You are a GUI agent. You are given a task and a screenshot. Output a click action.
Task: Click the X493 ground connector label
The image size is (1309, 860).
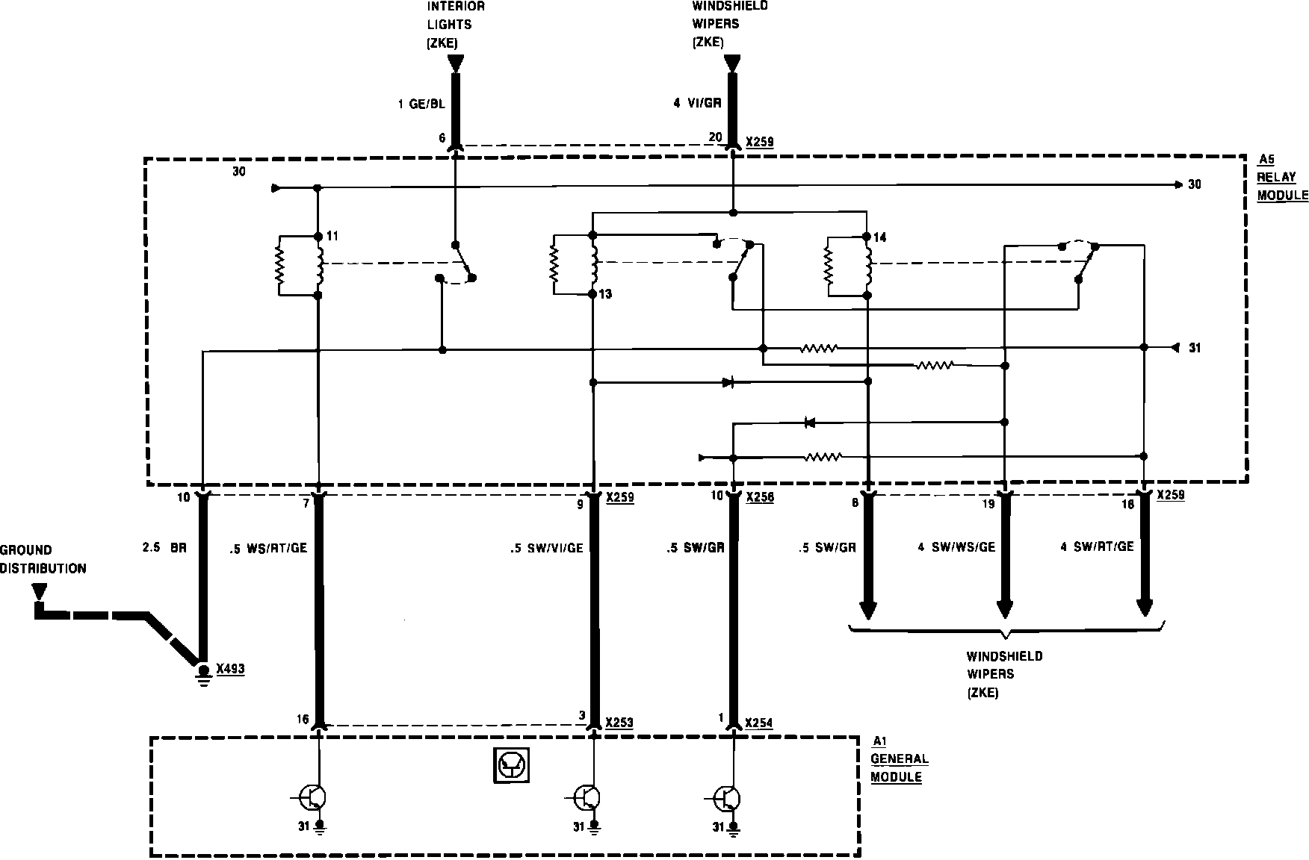pyautogui.click(x=230, y=669)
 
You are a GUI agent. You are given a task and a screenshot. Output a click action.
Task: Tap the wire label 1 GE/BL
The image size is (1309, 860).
pyautogui.click(x=421, y=105)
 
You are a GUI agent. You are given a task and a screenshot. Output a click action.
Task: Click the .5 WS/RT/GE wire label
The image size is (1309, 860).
pyautogui.click(x=268, y=548)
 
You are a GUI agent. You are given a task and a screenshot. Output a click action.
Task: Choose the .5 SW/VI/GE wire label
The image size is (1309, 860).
pyautogui.click(x=545, y=548)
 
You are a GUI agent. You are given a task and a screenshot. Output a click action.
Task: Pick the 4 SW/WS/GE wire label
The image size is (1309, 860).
pyautogui.click(x=956, y=547)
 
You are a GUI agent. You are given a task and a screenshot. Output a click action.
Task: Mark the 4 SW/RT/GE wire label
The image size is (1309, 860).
pyautogui.click(x=1097, y=547)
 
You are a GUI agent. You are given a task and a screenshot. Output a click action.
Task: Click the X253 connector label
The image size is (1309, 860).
pyautogui.click(x=619, y=723)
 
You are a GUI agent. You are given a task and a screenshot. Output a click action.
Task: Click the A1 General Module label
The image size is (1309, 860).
pyautogui.click(x=900, y=758)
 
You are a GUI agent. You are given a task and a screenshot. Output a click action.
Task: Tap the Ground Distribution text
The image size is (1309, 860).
pyautogui.click(x=43, y=559)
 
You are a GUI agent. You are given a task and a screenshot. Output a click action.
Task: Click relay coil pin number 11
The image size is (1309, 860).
pyautogui.click(x=332, y=236)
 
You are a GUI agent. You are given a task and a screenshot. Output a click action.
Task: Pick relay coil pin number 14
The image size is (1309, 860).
pyautogui.click(x=880, y=237)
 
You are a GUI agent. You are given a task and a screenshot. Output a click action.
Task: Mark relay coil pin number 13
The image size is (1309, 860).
pyautogui.click(x=605, y=294)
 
